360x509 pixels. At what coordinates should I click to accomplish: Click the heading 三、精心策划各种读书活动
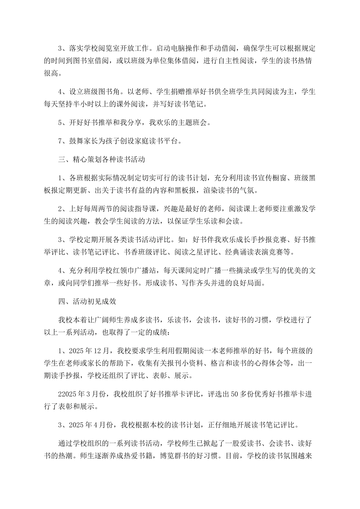[x=102, y=160]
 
